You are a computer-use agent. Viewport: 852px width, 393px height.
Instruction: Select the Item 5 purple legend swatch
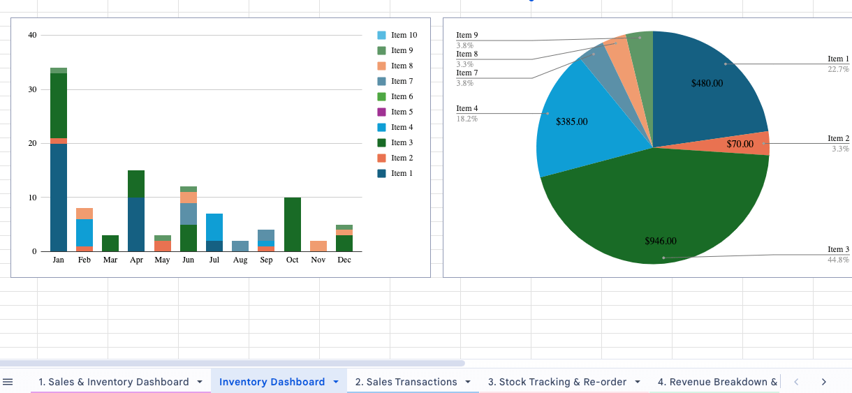coord(381,112)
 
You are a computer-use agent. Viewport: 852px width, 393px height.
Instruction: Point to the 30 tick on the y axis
coord(31,89)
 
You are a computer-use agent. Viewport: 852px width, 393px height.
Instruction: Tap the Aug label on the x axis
coord(240,260)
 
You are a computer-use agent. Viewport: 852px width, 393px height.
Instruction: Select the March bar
coord(110,244)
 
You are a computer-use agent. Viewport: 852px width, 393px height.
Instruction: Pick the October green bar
coord(293,224)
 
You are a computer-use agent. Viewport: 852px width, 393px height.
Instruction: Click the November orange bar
coord(318,246)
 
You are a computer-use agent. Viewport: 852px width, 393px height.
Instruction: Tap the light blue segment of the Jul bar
coord(214,227)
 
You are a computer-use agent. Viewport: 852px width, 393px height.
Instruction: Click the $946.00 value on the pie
coord(660,242)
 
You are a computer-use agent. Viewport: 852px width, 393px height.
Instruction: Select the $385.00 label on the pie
coord(571,121)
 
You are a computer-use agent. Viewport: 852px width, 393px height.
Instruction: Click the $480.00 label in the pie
coord(707,83)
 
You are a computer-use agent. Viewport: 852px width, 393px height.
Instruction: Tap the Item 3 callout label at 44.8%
coord(838,250)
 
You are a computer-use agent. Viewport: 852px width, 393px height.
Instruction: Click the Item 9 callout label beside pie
coord(467,36)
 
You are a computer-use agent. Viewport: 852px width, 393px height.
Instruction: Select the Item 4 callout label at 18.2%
coord(467,109)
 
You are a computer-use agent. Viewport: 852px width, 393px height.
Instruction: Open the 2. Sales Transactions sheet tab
coord(406,382)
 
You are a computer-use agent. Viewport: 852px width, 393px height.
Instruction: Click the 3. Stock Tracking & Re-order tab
coord(557,382)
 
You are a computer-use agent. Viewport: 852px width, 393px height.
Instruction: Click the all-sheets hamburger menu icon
coord(8,382)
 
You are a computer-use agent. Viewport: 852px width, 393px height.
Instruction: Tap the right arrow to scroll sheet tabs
coord(824,382)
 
